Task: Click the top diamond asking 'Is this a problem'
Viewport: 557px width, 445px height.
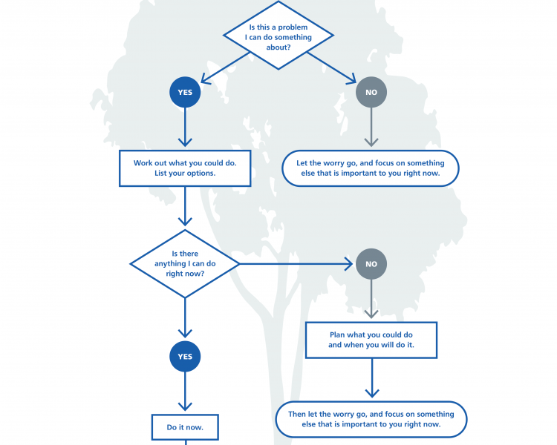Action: click(x=278, y=35)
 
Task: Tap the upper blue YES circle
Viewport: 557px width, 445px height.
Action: click(x=185, y=92)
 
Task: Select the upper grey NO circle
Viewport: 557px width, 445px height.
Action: click(x=371, y=92)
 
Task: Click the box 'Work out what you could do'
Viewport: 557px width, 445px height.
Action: click(x=185, y=168)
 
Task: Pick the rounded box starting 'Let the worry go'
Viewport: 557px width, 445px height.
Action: click(x=371, y=168)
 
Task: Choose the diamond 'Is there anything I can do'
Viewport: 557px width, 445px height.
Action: click(x=185, y=264)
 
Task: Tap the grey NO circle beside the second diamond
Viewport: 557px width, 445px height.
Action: click(x=371, y=264)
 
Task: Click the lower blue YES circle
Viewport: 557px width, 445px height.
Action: click(x=185, y=356)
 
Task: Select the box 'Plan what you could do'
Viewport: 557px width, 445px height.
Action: click(x=371, y=340)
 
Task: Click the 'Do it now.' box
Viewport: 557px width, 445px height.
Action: click(x=185, y=427)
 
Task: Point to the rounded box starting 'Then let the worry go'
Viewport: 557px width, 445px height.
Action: click(x=371, y=420)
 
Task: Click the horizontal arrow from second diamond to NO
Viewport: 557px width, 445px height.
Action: click(x=296, y=264)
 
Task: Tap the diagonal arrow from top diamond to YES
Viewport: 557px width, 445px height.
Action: click(x=226, y=67)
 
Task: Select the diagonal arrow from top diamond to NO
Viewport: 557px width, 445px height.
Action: click(x=331, y=67)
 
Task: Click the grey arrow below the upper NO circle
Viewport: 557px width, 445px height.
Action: click(x=371, y=127)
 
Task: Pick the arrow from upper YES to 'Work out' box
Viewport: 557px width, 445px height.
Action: click(x=185, y=127)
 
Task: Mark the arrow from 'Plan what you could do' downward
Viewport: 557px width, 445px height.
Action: click(x=372, y=378)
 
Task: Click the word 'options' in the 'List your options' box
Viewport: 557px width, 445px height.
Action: click(x=201, y=174)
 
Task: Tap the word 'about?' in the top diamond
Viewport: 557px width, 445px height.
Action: click(x=278, y=47)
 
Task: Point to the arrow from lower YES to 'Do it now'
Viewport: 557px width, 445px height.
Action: click(x=185, y=392)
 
